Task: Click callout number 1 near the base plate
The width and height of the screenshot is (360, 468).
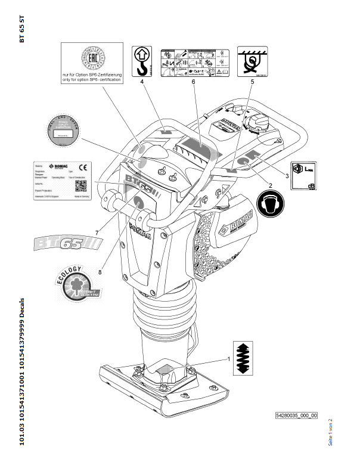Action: tap(228, 359)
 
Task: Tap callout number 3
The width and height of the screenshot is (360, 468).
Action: tap(287, 176)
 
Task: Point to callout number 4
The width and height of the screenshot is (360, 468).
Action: tap(143, 83)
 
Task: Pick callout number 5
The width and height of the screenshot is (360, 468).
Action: tap(252, 83)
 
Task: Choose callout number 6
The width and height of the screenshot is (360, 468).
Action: tap(194, 82)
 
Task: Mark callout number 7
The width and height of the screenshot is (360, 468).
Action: tap(98, 233)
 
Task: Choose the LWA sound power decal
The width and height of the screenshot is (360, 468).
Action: tap(303, 176)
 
